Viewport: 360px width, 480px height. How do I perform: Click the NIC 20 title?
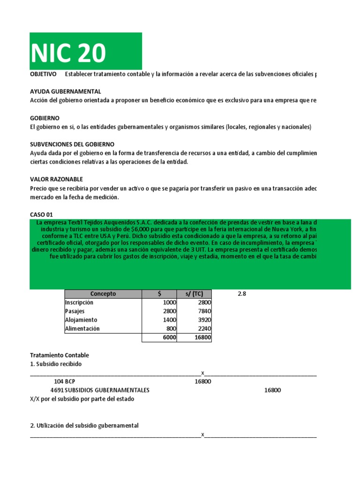(x=69, y=53)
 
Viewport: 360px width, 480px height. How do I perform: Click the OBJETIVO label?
(x=43, y=75)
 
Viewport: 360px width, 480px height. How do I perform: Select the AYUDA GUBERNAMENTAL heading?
(x=65, y=91)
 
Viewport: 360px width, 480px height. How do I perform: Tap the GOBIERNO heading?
(x=45, y=118)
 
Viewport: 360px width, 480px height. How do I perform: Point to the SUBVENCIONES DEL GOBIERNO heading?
(x=72, y=144)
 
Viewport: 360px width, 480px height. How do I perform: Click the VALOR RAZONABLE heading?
(x=56, y=179)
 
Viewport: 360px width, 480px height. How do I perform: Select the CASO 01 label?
(x=41, y=214)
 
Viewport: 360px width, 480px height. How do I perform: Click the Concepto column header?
(x=103, y=294)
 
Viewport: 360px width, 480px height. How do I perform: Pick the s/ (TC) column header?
(x=194, y=294)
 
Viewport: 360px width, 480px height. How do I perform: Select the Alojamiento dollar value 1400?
(x=169, y=320)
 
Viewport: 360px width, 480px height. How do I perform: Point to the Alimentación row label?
(x=82, y=329)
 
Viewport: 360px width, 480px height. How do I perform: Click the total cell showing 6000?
(x=169, y=337)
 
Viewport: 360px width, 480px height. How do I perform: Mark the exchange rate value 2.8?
(x=242, y=294)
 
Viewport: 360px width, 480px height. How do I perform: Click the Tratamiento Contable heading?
(x=59, y=355)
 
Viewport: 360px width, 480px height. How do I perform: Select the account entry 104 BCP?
(x=64, y=382)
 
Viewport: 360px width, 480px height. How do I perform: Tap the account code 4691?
(x=57, y=390)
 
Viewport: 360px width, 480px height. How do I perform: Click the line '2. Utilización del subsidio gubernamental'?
(x=84, y=426)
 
